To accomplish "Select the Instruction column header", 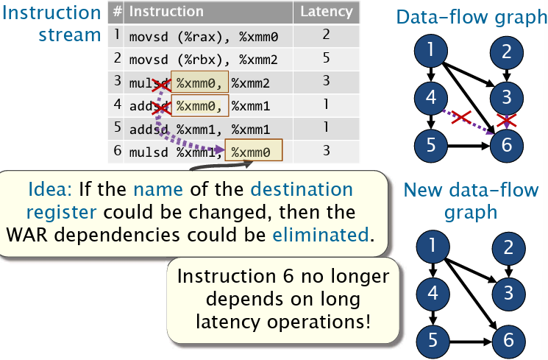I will (166, 12).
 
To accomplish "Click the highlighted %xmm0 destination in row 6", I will (252, 152).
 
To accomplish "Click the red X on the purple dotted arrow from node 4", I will (460, 117).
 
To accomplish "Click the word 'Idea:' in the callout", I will (51, 188).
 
